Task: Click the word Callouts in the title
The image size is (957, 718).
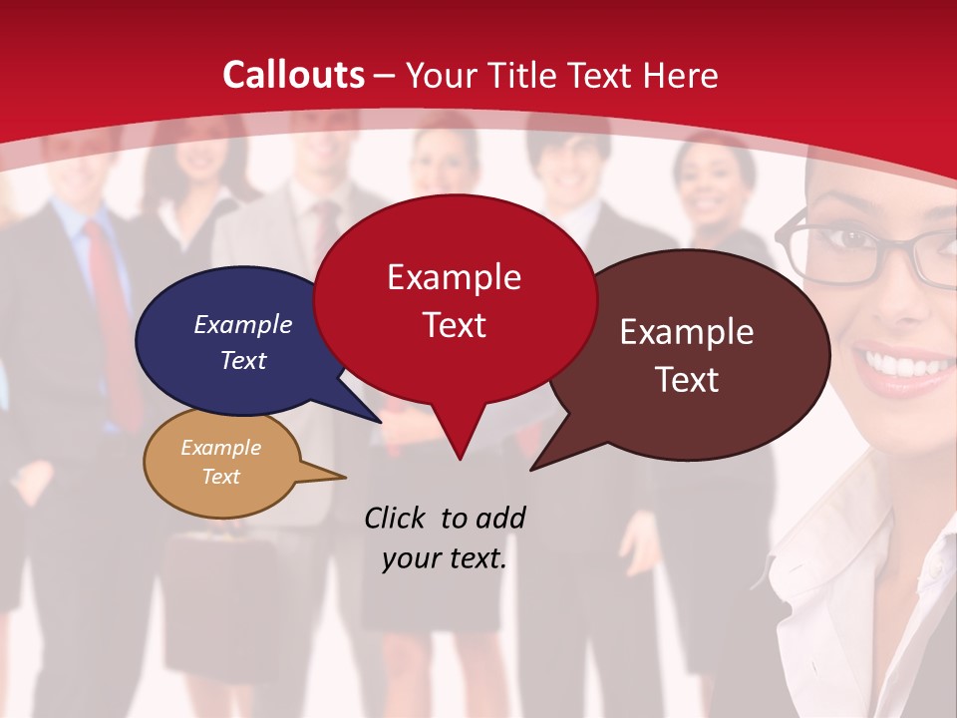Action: pos(293,75)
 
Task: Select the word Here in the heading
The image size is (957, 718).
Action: pos(681,76)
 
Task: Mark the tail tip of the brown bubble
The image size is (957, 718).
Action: pos(533,468)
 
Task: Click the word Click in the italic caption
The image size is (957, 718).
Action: pos(395,518)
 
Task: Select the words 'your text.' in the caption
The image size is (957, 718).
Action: pos(445,558)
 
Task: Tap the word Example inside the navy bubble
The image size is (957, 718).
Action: pos(243,324)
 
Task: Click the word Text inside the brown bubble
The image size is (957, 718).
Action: pos(687,379)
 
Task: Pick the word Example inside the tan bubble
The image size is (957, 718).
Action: pos(221,448)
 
